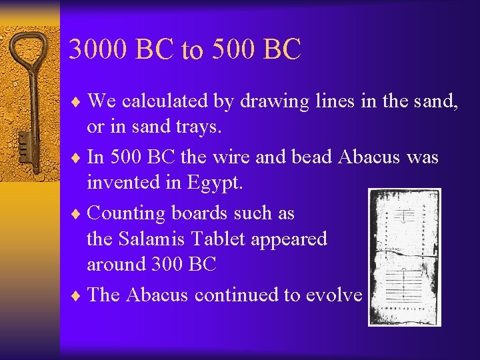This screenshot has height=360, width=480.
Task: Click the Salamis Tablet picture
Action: coord(404,257)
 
